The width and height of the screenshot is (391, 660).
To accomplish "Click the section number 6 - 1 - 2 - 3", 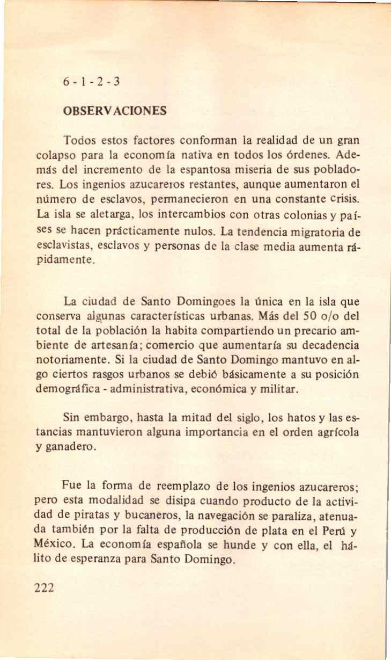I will click(91, 82).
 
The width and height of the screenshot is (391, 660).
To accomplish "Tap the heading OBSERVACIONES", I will click(115, 111).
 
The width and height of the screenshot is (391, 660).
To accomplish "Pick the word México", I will click(55, 546).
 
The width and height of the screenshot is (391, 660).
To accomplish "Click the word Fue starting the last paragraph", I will click(72, 485).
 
